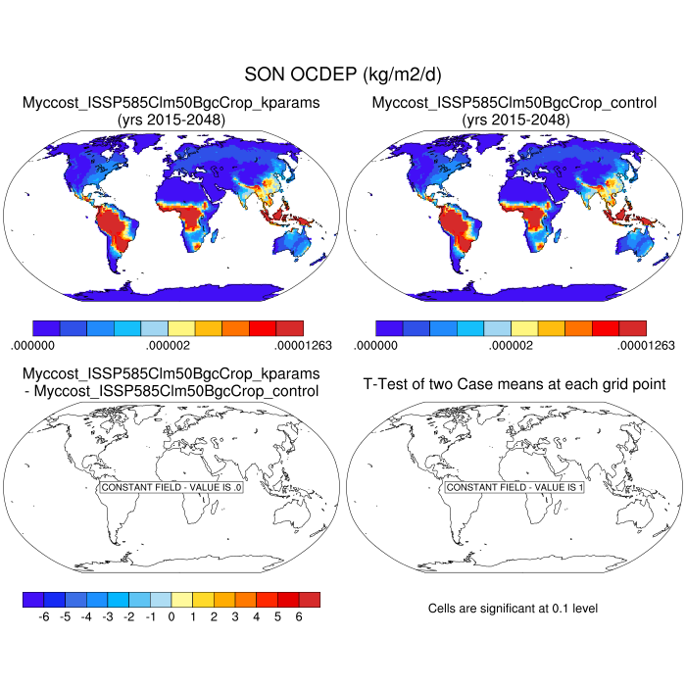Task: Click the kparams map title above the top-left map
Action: pos(171,102)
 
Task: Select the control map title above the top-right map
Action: pos(514,102)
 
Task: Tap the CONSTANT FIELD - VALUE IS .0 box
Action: pos(171,487)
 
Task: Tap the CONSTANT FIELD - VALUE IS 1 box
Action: pos(514,487)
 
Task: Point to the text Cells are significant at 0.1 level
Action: pos(513,609)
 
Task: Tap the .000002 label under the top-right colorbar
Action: pos(514,345)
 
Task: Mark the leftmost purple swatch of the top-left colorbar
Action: pos(46,327)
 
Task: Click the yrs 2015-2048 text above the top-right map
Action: pos(514,120)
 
